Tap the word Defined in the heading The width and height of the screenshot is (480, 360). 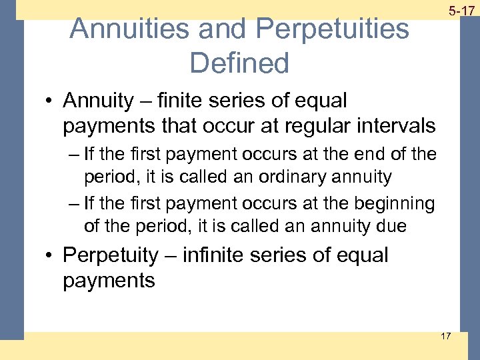239,63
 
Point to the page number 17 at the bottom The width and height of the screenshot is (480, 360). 445,335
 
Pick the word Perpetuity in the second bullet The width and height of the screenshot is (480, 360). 110,256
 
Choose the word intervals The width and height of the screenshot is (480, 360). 399,125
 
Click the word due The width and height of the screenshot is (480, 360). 391,226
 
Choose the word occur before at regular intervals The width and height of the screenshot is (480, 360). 233,125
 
